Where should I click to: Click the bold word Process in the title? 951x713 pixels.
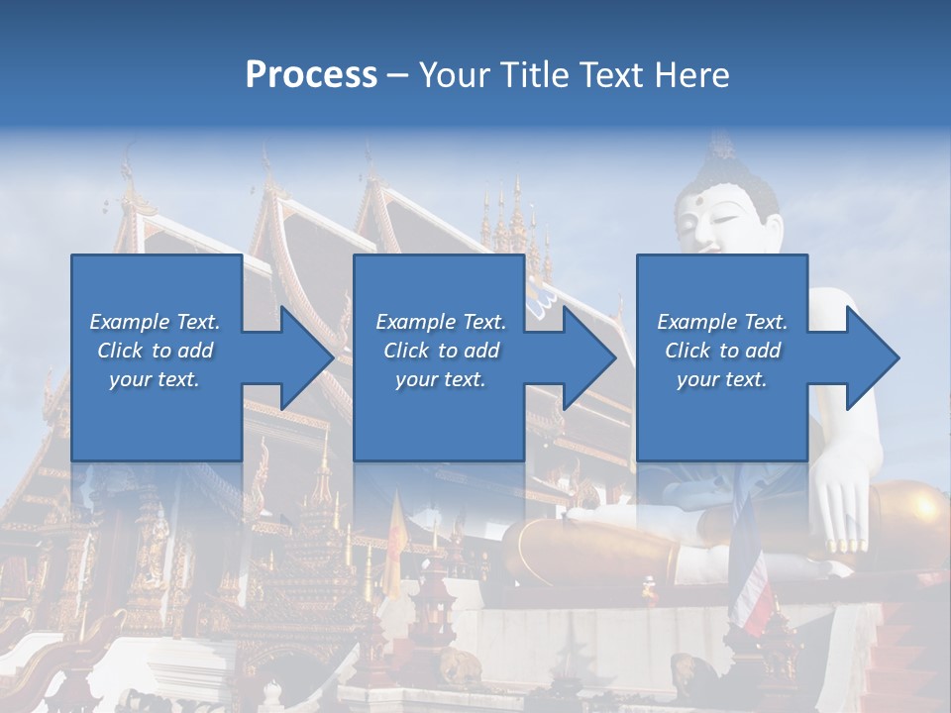(311, 75)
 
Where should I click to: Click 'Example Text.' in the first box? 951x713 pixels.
(155, 322)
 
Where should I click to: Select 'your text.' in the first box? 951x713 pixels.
(155, 379)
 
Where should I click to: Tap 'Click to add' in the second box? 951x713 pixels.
(441, 351)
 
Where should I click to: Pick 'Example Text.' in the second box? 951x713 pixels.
(441, 322)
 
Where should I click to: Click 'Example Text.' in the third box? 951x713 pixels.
(722, 322)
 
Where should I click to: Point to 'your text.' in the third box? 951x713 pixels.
(722, 379)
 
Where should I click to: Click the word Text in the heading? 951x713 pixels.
(607, 75)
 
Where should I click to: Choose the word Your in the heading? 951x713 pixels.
(452, 75)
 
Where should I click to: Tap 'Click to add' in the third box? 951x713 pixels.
(722, 351)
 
